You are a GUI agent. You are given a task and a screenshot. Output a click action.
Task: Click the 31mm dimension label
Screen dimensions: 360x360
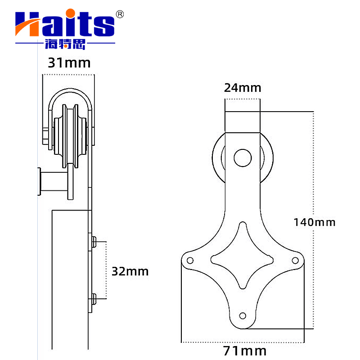[69, 63]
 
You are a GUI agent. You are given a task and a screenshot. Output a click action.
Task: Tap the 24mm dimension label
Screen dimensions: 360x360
[242, 87]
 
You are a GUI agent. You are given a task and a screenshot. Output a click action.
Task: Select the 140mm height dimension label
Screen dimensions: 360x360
[314, 222]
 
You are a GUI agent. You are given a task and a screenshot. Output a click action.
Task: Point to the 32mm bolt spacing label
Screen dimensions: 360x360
[130, 271]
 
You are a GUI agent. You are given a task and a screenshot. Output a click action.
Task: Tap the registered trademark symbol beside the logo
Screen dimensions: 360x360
[120, 14]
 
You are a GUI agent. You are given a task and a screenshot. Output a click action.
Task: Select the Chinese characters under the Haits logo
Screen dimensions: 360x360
[65, 45]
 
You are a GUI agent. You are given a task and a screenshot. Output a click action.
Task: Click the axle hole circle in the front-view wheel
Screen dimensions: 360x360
[243, 157]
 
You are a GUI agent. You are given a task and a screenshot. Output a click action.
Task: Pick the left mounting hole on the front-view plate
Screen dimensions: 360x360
[190, 260]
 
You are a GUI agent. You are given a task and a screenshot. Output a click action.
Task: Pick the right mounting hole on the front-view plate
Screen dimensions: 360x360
[296, 260]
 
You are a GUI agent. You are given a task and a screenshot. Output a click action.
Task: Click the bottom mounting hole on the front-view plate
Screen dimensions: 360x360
[243, 315]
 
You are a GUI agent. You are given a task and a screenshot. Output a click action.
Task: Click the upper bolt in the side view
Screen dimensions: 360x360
[94, 242]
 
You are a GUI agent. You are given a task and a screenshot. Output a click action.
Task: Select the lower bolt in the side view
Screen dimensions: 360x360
[94, 298]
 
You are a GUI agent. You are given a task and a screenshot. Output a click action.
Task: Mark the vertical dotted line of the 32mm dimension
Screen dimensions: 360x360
[106, 270]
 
